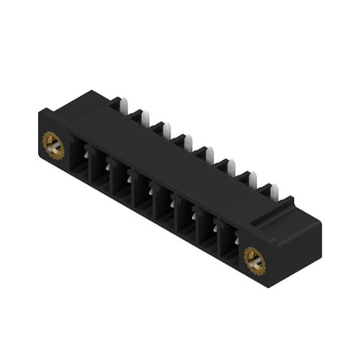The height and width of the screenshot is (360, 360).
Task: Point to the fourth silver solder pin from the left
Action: (x=182, y=138)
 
